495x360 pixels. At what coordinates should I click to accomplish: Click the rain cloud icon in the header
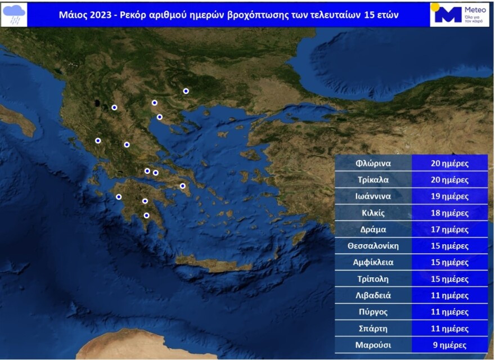pos(15,14)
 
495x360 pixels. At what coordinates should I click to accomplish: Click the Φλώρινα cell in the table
pos(373,164)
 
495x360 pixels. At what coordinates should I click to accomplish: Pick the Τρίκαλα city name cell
pos(373,180)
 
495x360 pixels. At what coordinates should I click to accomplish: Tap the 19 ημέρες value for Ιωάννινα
pos(449,196)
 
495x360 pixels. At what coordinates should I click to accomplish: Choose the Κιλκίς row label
pos(373,213)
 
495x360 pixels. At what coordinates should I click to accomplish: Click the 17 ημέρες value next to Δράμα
pos(449,229)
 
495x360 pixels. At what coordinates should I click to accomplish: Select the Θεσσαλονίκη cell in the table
pos(373,246)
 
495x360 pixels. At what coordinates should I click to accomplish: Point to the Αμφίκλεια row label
pos(373,262)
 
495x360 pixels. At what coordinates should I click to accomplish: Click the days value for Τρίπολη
pos(449,279)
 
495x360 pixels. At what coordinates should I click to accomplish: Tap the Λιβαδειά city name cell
pos(373,295)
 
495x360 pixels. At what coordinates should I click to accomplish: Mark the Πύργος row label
pos(373,312)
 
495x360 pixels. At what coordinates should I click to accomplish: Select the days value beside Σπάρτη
pos(449,328)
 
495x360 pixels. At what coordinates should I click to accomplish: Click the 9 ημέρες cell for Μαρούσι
pos(449,345)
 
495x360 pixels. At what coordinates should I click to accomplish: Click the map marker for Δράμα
pos(186,91)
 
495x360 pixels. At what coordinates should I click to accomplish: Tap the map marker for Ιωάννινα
pos(98,141)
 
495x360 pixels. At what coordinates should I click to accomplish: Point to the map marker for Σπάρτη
pos(146,215)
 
